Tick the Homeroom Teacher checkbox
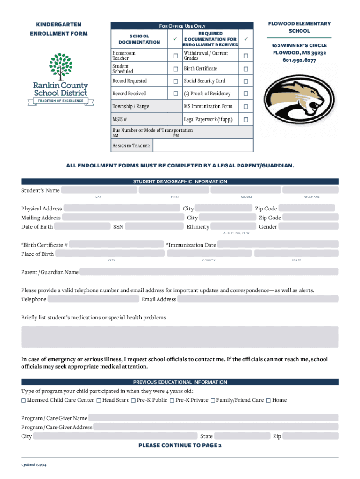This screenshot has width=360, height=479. pos(176,56)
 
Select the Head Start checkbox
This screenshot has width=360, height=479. pos(99,400)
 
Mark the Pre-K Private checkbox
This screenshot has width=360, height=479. pos(172,400)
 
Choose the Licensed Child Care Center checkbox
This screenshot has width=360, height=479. pos(23,400)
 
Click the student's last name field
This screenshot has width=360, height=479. pos(99,190)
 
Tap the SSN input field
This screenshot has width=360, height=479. pos(154,227)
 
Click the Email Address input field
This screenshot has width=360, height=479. pos(258,299)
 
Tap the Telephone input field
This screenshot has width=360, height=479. pos(93,299)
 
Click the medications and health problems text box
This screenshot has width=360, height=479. pos(180,337)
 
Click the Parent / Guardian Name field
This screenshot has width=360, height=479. pos(209,272)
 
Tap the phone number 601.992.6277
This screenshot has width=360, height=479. pos(299,60)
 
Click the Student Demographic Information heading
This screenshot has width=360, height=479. pos(180,181)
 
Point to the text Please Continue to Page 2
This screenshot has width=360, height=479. pos(180,445)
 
